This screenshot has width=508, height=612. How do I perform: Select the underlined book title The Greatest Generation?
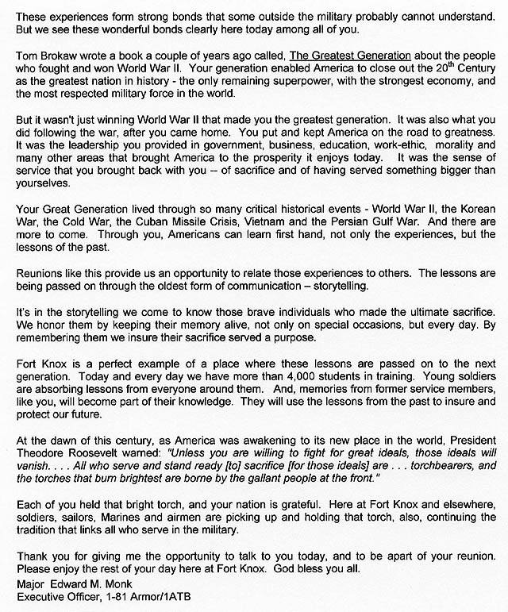tap(350, 56)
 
